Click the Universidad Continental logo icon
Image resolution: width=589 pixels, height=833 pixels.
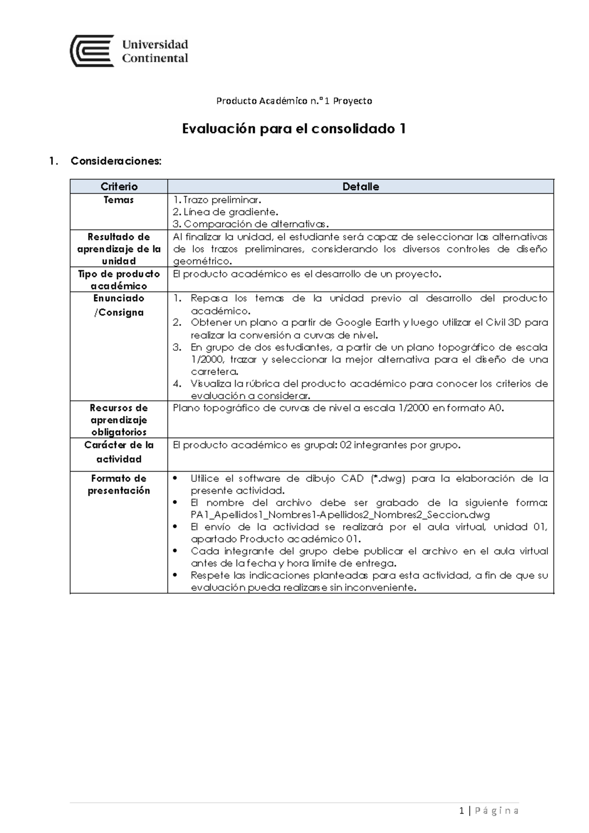pyautogui.click(x=92, y=51)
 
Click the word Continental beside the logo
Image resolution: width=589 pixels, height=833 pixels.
pyautogui.click(x=155, y=58)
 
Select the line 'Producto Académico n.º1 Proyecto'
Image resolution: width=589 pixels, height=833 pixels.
pyautogui.click(x=294, y=101)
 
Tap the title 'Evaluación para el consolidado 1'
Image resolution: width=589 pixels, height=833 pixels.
pyautogui.click(x=294, y=129)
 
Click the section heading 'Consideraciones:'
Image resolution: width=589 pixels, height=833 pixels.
pyautogui.click(x=116, y=161)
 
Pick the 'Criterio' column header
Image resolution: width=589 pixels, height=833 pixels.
pyautogui.click(x=119, y=187)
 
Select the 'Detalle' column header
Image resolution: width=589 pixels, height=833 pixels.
pyautogui.click(x=360, y=187)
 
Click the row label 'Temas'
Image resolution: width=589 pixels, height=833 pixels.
pyautogui.click(x=119, y=200)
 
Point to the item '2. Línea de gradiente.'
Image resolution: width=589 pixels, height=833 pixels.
pyautogui.click(x=225, y=212)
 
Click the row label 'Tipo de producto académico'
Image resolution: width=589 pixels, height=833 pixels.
pyautogui.click(x=119, y=279)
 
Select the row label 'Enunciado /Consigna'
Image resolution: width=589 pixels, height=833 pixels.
pyautogui.click(x=119, y=305)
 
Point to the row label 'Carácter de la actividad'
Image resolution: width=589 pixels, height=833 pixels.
pyautogui.click(x=119, y=451)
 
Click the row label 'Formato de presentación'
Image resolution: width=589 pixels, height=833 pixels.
pyautogui.click(x=119, y=484)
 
